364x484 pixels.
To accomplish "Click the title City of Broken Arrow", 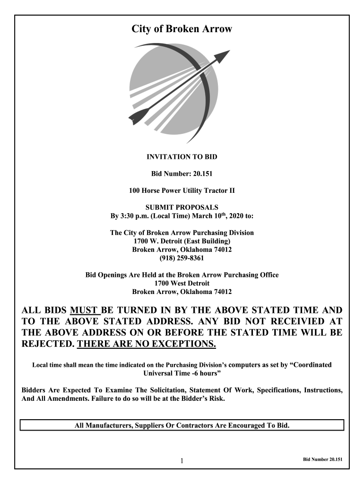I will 182,29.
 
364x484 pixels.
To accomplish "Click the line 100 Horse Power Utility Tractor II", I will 182,191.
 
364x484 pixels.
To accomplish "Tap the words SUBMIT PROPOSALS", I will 182,207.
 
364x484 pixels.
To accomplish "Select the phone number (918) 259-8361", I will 182,258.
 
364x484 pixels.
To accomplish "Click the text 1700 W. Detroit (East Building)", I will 182,241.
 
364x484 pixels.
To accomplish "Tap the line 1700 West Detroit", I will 182,283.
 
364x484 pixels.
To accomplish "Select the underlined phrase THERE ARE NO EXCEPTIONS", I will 147,343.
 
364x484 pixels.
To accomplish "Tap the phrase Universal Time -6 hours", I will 182,373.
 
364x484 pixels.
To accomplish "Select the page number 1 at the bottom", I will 182,461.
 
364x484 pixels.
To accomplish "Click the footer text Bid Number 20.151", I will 322,459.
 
